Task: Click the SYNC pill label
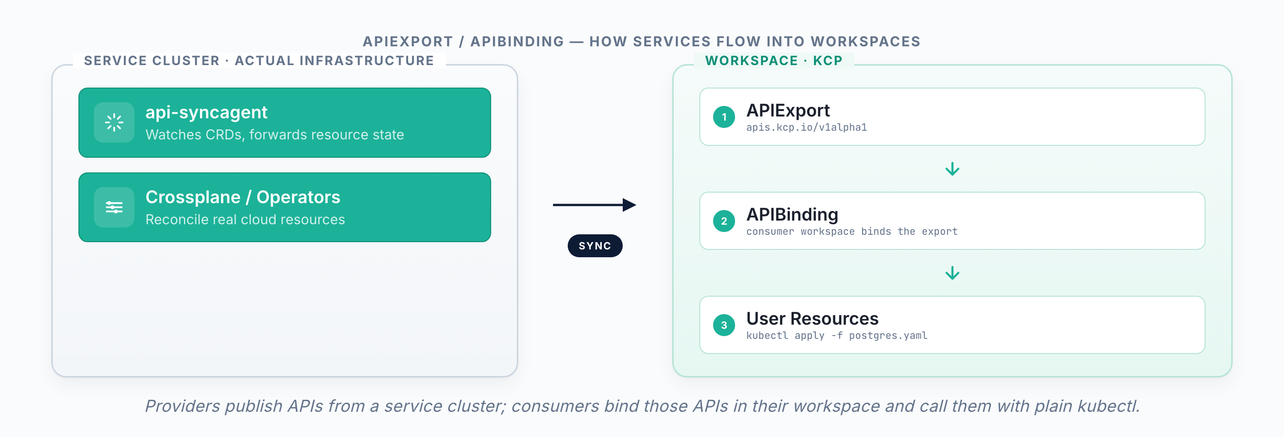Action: pyautogui.click(x=595, y=246)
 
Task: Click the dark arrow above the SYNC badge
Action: pyautogui.click(x=594, y=205)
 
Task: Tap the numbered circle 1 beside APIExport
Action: pyautogui.click(x=724, y=117)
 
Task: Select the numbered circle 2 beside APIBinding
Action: pyautogui.click(x=724, y=221)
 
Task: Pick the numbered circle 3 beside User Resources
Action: pyautogui.click(x=724, y=326)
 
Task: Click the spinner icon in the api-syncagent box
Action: pyautogui.click(x=114, y=122)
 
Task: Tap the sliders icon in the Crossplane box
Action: pyautogui.click(x=114, y=207)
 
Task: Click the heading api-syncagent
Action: pyautogui.click(x=206, y=113)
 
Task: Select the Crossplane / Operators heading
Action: pyautogui.click(x=243, y=197)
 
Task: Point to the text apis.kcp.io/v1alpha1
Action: pyautogui.click(x=806, y=127)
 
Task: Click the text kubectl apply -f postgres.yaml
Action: pyautogui.click(x=836, y=336)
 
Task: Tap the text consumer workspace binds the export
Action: pyautogui.click(x=852, y=232)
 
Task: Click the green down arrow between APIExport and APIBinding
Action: pyautogui.click(x=952, y=169)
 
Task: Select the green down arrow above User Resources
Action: pyautogui.click(x=952, y=273)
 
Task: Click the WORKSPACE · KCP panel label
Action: pyautogui.click(x=774, y=61)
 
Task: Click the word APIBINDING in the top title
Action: pyautogui.click(x=517, y=41)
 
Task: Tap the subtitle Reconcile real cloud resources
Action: pyautogui.click(x=245, y=220)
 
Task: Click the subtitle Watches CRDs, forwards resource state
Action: pyautogui.click(x=275, y=135)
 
